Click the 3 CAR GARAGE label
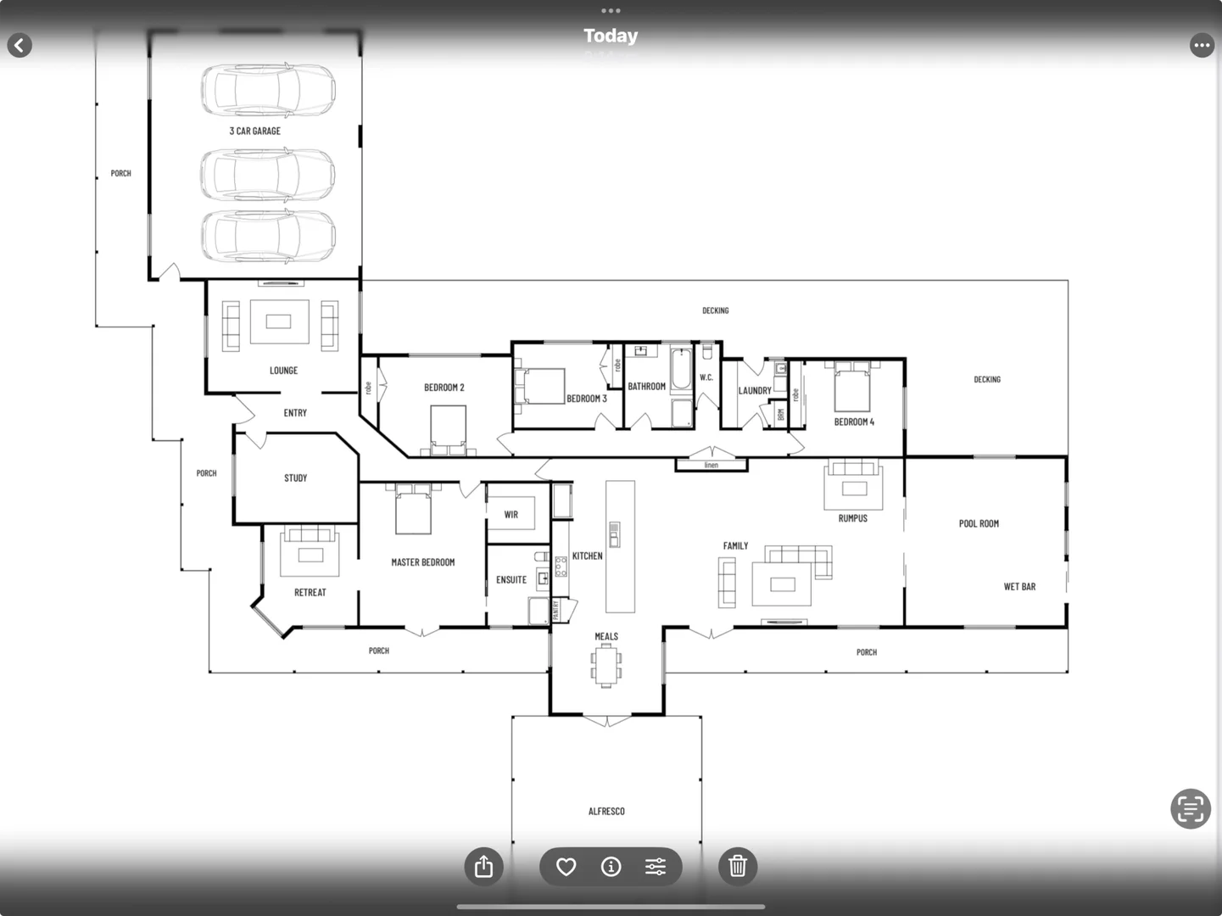coord(254,131)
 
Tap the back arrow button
coord(20,45)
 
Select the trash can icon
coord(738,866)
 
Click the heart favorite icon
coord(566,866)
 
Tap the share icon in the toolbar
coord(483,866)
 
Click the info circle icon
coord(611,866)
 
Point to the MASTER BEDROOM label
coord(422,562)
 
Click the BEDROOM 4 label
coord(853,422)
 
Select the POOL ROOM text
coord(979,524)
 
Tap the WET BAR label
coord(1019,587)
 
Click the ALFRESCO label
coord(606,812)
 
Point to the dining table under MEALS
coord(606,665)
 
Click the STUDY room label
coord(295,478)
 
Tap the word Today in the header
coord(611,36)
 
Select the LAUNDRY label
coord(754,391)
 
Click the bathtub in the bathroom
coord(681,369)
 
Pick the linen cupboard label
coord(711,465)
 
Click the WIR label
coord(511,515)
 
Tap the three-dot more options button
coord(1202,45)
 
